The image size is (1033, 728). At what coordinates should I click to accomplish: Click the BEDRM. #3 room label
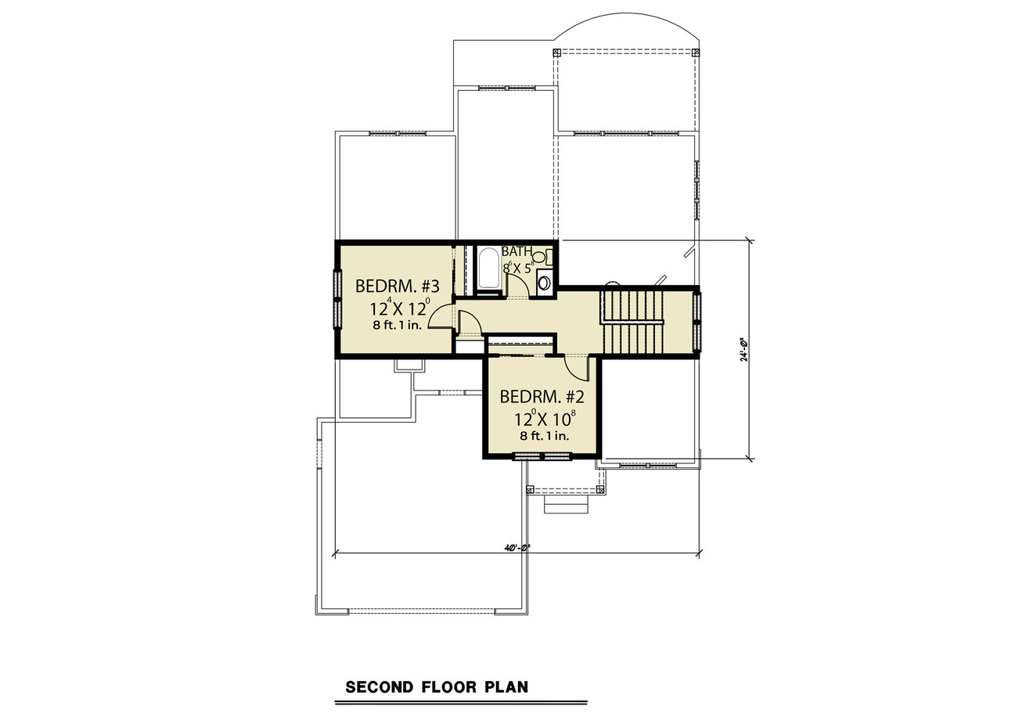click(x=397, y=286)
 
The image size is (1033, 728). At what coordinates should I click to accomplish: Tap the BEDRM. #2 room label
click(x=541, y=396)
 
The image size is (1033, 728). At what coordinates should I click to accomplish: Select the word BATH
click(x=516, y=252)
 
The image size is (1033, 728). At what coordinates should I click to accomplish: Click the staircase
click(x=632, y=322)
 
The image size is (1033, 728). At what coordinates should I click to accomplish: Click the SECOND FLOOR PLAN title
click(x=437, y=688)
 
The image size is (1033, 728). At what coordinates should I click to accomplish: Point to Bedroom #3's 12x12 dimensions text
click(x=394, y=307)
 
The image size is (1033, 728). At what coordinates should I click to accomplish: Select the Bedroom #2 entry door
click(x=574, y=365)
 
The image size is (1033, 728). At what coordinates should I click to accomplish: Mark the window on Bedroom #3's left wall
click(x=338, y=298)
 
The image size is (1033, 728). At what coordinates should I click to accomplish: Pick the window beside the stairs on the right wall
click(x=696, y=320)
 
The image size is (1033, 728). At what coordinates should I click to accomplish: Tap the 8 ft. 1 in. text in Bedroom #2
click(x=542, y=436)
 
